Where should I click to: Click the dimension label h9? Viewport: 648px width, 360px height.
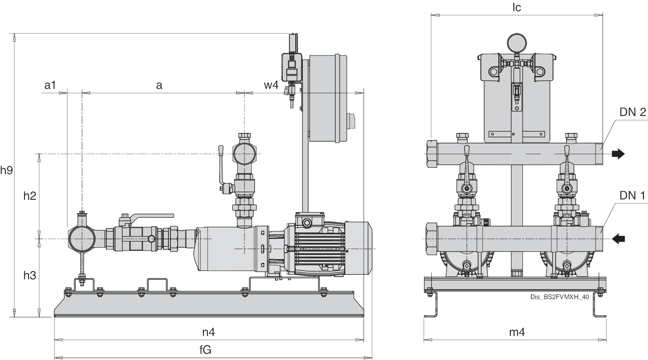tap(7, 170)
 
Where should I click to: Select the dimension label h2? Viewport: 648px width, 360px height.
tap(30, 196)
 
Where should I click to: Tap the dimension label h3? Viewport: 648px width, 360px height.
tap(30, 275)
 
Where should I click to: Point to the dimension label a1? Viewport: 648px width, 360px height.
tap(50, 85)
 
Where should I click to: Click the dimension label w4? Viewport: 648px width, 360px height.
tap(271, 85)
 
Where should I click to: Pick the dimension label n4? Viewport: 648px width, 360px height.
tap(208, 332)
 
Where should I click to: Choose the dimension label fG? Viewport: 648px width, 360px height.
tap(205, 350)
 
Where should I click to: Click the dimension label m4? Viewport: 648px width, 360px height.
tap(517, 332)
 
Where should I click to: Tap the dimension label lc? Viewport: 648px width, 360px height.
tap(516, 7)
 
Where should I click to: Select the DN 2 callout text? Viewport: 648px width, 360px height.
tap(632, 112)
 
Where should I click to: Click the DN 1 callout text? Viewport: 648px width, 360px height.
tap(632, 196)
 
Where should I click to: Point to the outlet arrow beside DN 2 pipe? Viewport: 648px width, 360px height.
tap(618, 154)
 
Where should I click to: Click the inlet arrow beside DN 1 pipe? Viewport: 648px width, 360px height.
tap(618, 239)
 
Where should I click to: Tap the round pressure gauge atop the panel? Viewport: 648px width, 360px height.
tap(516, 42)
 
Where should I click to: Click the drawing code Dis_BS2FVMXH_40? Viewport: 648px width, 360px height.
tap(559, 297)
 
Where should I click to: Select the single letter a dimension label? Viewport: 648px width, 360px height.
tap(159, 85)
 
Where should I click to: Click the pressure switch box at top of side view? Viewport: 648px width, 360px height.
tap(291, 67)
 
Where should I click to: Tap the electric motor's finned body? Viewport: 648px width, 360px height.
tap(314, 248)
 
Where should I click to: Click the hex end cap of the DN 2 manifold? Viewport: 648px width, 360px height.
tap(431, 154)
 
